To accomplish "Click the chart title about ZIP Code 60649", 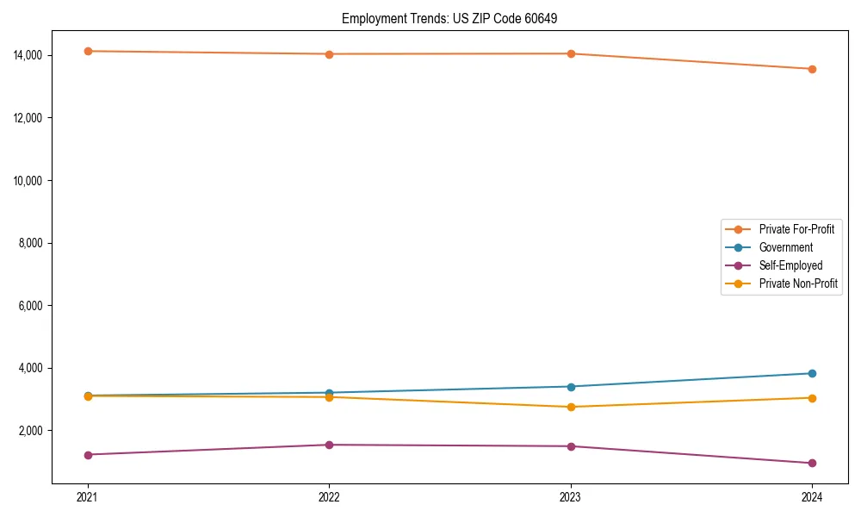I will tap(449, 18).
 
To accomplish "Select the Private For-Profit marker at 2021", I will tap(88, 51).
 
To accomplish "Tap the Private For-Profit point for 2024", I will tap(812, 69).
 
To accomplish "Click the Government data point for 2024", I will tap(812, 373).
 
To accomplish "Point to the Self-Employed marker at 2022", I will tap(329, 445).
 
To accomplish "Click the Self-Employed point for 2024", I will tap(812, 463).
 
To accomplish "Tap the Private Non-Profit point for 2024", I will tap(812, 397).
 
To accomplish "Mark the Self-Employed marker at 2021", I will tap(88, 454).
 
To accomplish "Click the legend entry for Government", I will tap(785, 247).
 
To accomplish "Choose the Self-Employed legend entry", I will tap(790, 265).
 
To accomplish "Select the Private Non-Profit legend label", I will tap(798, 283).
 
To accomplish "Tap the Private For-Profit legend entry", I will tap(796, 229).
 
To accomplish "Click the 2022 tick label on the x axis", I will tap(329, 496).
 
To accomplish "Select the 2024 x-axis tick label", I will tap(812, 496).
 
